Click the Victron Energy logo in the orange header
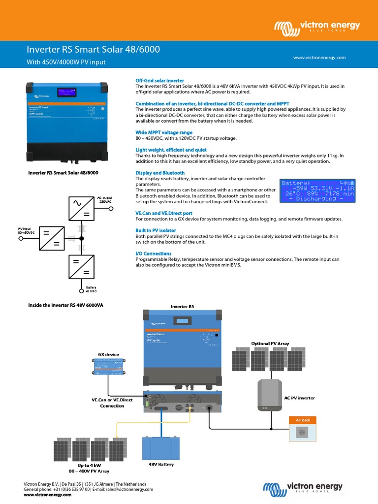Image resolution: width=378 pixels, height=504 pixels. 317,27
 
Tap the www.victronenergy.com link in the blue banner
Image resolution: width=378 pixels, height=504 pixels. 319,58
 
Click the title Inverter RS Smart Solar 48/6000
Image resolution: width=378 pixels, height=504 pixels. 93,50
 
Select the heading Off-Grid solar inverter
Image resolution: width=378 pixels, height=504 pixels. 159,80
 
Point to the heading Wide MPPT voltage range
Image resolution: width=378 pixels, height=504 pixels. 164,132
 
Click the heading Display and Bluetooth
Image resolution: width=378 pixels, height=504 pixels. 160,173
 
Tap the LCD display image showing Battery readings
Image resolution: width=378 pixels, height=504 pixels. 318,190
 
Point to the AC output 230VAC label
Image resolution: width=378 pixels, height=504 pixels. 106,199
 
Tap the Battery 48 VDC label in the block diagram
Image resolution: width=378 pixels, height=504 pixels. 92,289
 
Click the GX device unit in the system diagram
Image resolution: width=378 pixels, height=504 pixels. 108,367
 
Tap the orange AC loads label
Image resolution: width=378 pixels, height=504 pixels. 302,420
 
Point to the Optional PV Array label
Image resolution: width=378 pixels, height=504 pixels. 270,343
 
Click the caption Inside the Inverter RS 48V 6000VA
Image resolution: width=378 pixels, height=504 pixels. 65,305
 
